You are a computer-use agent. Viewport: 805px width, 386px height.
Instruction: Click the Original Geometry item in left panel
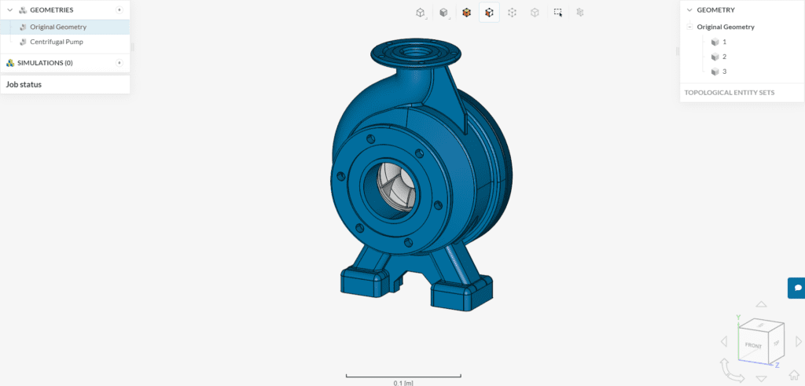[58, 27]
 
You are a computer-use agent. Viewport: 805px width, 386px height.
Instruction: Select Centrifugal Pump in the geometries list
[56, 42]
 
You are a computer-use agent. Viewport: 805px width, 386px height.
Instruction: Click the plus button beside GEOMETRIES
[119, 9]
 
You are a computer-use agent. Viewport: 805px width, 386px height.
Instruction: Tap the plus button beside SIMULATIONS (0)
[119, 63]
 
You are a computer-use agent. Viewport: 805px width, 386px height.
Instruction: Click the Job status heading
[24, 84]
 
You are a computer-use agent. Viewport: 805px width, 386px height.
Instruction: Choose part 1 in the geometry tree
[724, 42]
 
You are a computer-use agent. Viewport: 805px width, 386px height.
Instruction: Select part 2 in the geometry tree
[724, 57]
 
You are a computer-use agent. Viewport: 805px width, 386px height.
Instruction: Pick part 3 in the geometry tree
[724, 72]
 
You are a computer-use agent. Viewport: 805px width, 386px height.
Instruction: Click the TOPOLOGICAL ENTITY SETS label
[729, 92]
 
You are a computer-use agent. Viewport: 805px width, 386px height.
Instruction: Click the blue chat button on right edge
[796, 288]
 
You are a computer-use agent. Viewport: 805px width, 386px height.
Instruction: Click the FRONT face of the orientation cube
[753, 345]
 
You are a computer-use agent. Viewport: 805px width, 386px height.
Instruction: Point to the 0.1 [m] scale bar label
[403, 383]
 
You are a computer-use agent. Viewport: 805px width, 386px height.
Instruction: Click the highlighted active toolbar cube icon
[489, 13]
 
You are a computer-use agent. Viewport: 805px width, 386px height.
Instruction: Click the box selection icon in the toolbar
[557, 13]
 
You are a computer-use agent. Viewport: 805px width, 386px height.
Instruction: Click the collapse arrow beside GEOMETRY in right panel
[689, 10]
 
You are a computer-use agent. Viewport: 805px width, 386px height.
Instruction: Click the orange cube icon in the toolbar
[466, 13]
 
